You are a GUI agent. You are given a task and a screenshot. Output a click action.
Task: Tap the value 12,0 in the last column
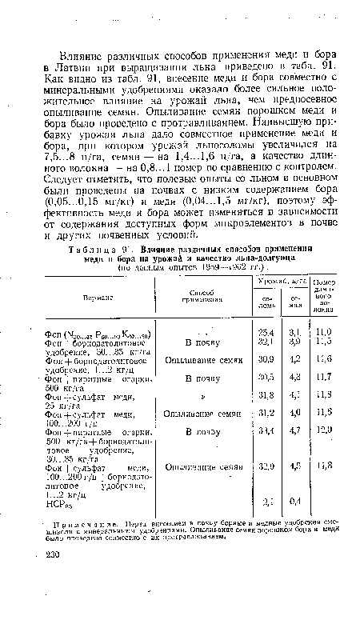(323, 451)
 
